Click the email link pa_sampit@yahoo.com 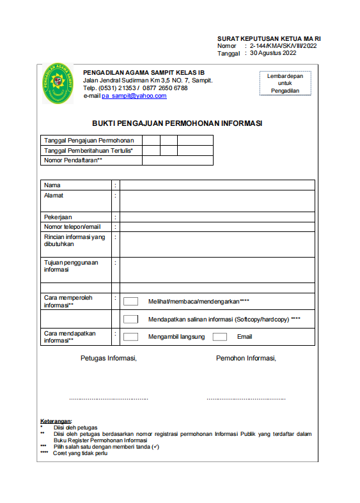(134, 96)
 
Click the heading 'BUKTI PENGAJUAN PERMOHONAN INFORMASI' (177, 123)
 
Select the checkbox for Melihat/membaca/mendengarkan (130, 301)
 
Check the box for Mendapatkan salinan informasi (130, 319)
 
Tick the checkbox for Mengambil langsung (130, 337)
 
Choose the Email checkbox (219, 337)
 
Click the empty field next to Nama (217, 185)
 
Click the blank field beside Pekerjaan (217, 217)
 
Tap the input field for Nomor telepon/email (217, 227)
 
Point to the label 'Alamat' (54, 196)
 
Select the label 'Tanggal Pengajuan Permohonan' (88, 140)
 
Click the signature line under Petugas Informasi (109, 399)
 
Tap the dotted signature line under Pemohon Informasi (246, 399)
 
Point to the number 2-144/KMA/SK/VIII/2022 (283, 46)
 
